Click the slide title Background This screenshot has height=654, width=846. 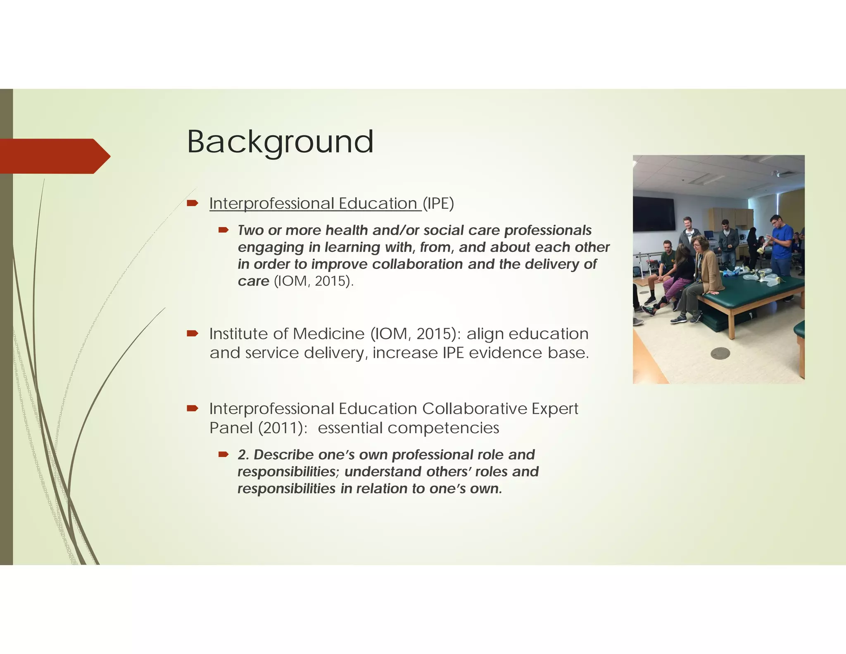click(x=280, y=142)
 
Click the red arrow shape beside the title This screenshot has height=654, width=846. click(x=54, y=156)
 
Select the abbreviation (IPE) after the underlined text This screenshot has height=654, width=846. click(x=438, y=203)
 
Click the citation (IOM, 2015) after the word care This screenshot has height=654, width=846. click(x=314, y=281)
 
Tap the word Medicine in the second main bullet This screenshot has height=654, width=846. click(x=329, y=334)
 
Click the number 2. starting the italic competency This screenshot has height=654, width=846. click(x=243, y=455)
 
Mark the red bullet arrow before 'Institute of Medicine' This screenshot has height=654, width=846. click(x=192, y=333)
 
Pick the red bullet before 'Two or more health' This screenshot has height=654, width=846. click(x=223, y=230)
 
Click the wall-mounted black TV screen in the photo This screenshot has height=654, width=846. click(x=654, y=214)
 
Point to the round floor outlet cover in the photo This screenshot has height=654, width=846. click(x=720, y=353)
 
